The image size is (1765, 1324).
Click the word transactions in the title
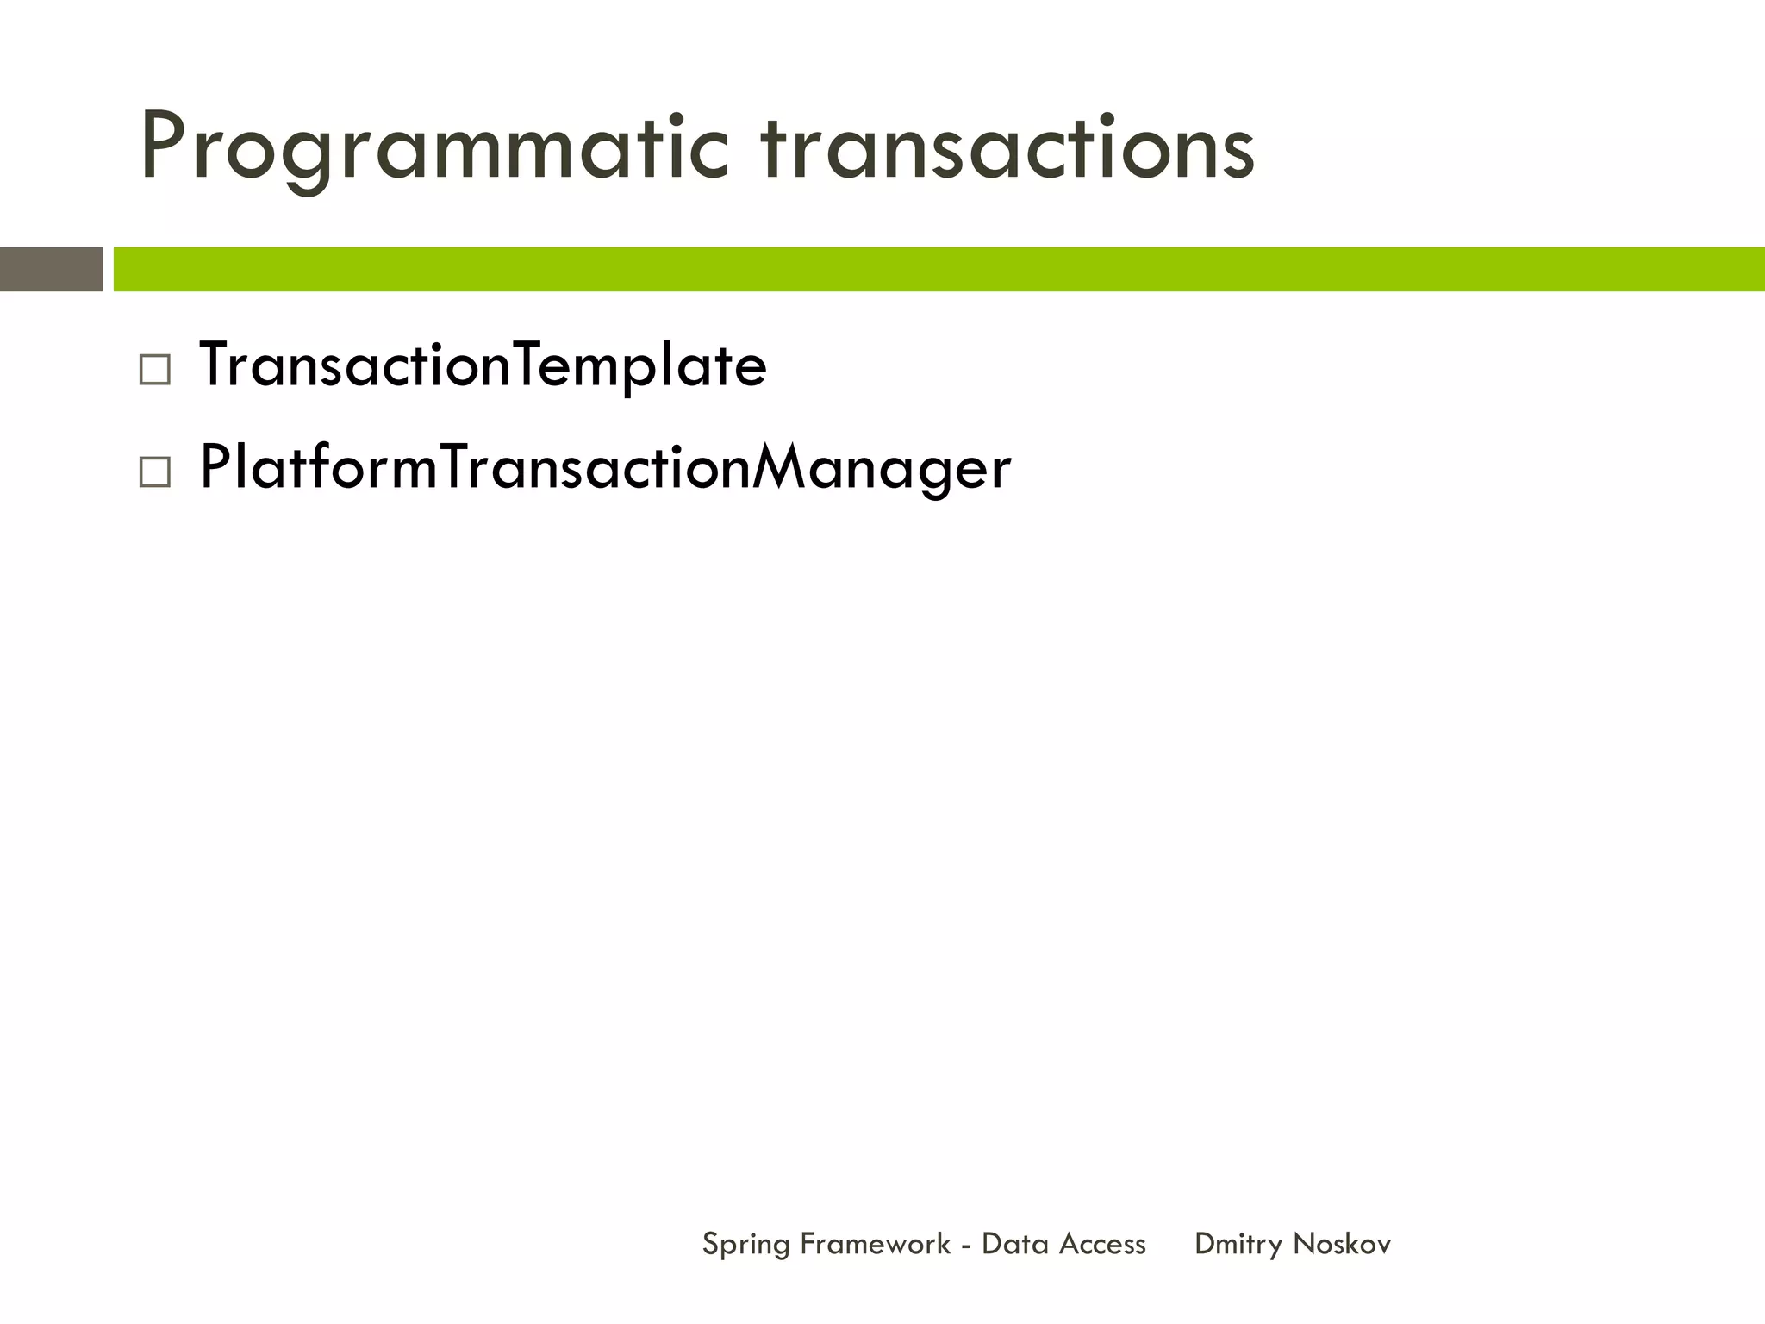pos(1007,148)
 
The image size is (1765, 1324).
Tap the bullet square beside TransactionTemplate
pos(154,371)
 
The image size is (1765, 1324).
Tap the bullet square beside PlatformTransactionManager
pos(154,472)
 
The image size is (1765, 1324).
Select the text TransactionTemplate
pos(483,365)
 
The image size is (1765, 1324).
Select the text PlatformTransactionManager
pos(605,468)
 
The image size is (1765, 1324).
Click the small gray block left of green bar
pos(51,269)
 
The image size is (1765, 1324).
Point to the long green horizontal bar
pos(938,269)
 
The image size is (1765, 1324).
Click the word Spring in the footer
pos(745,1245)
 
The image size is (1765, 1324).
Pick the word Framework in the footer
pos(875,1244)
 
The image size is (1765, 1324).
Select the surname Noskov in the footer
pos(1342,1244)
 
